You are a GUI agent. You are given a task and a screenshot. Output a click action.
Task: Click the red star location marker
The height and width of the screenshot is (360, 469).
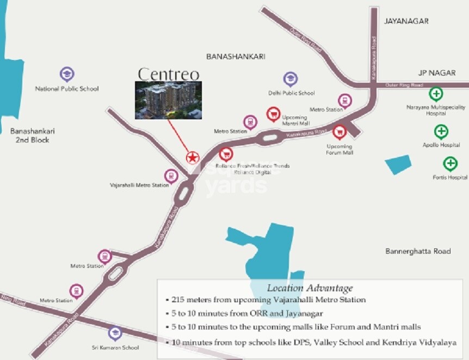(x=192, y=157)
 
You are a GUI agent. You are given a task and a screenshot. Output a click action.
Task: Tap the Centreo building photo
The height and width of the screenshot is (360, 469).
(x=168, y=100)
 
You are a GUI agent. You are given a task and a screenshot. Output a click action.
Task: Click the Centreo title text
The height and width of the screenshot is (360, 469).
(x=168, y=74)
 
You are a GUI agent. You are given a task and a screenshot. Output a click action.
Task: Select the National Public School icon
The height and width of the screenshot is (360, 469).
(x=67, y=74)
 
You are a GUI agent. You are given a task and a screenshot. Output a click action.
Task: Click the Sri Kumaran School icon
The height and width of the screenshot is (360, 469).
(x=115, y=333)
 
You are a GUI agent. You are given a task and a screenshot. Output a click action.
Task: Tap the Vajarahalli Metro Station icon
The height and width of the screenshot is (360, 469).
(x=171, y=176)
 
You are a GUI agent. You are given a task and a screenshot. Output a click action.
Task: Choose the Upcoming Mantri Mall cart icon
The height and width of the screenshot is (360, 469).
(x=273, y=114)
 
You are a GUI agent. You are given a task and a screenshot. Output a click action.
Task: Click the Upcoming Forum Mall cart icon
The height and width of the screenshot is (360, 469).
(x=340, y=132)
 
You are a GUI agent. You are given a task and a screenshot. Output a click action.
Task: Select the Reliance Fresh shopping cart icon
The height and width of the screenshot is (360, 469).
(x=226, y=154)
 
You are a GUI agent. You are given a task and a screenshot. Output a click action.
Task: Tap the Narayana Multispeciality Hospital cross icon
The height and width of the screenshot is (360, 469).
(x=436, y=94)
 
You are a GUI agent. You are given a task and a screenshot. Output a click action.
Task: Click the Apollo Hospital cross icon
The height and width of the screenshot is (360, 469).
(x=441, y=131)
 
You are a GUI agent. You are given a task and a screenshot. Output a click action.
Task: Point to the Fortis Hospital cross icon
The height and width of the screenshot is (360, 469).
(x=450, y=163)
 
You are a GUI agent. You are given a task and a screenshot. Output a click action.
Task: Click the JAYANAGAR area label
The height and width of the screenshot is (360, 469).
(x=406, y=21)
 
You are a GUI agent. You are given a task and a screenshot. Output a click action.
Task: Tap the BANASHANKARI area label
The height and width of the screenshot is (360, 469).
(x=232, y=56)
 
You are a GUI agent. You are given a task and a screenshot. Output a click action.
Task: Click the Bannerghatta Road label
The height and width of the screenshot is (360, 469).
(x=418, y=251)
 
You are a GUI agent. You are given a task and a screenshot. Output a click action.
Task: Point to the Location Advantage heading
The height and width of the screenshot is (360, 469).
(x=310, y=288)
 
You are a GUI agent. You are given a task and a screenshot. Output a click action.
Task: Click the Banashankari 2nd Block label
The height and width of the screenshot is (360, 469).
(x=33, y=135)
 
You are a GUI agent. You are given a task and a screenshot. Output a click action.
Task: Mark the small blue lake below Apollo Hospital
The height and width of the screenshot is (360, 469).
(x=398, y=164)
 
